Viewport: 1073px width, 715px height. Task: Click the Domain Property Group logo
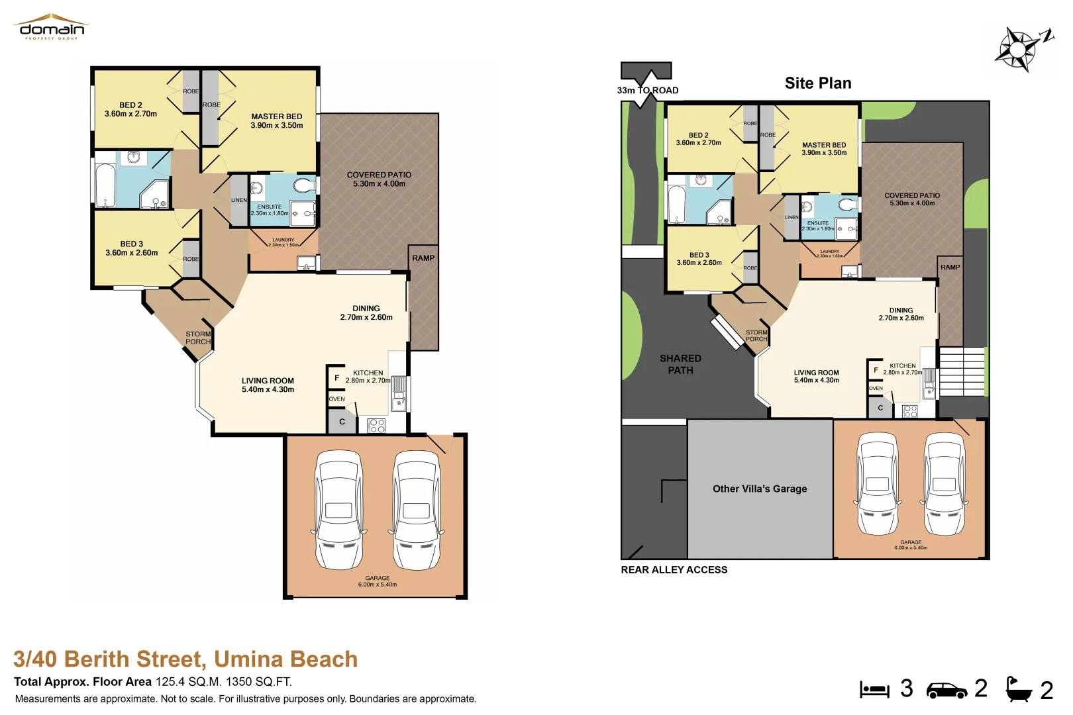(52, 27)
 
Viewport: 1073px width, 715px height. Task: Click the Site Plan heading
(818, 83)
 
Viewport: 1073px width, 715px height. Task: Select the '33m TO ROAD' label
(647, 91)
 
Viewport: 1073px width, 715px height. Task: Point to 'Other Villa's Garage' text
(760, 489)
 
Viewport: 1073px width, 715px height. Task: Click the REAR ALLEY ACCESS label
(674, 570)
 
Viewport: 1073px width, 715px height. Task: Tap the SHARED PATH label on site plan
(680, 364)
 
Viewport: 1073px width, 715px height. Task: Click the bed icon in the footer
(874, 690)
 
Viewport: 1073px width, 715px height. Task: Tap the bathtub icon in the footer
(1018, 690)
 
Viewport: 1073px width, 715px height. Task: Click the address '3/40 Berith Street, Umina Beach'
(185, 659)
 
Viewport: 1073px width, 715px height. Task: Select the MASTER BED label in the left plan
(276, 120)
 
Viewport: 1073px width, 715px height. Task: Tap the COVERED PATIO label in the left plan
(379, 179)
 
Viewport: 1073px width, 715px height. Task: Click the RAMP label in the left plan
(423, 258)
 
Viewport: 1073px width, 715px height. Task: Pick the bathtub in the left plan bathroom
(105, 185)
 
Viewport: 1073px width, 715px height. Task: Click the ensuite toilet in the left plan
(304, 185)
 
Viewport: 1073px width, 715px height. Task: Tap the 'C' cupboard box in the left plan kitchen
(342, 422)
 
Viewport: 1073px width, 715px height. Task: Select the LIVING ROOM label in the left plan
(268, 385)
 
